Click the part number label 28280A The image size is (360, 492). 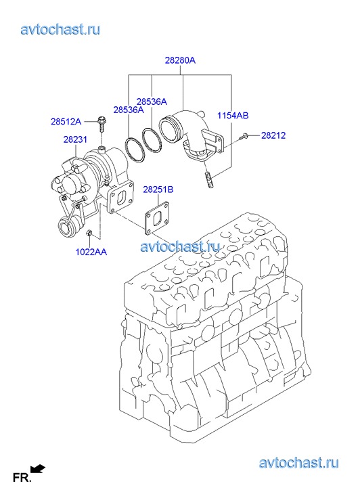[180, 60]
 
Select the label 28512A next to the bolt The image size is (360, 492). [66, 121]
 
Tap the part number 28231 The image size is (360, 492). [75, 139]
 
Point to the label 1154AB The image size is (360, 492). [233, 116]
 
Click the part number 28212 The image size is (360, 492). [273, 135]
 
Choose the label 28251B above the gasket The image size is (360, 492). [158, 189]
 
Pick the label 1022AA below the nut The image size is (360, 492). [91, 252]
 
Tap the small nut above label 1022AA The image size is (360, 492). [89, 233]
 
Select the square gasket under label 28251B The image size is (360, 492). [157, 218]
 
